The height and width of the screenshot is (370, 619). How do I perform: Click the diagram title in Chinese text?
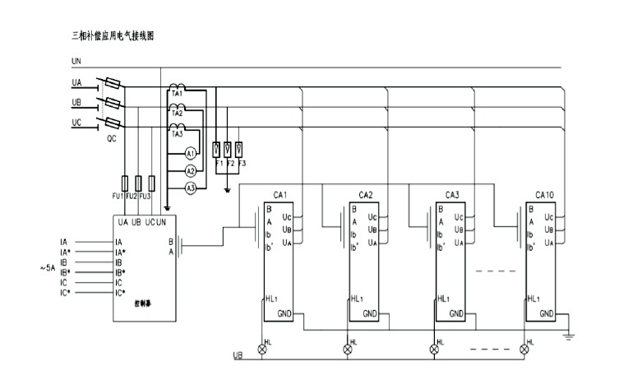point(113,37)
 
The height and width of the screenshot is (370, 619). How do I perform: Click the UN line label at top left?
point(76,62)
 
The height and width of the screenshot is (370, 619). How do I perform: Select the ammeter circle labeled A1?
point(190,154)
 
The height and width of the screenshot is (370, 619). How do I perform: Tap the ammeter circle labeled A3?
point(190,188)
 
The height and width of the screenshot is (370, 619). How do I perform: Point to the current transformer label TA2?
point(176,113)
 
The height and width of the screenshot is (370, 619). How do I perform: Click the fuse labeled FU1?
point(124,183)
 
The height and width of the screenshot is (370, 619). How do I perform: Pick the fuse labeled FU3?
point(151,183)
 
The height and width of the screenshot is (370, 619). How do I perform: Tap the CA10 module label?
point(543,195)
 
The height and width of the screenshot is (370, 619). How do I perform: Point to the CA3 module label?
point(452,195)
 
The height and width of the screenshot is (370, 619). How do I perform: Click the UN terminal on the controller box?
point(161,222)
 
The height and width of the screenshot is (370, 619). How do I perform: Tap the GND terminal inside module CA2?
point(370,313)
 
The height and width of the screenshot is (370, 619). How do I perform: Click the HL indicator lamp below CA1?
point(264,349)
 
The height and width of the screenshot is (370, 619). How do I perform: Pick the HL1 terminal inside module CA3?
point(445,298)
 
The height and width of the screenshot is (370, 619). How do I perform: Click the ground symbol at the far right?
point(566,335)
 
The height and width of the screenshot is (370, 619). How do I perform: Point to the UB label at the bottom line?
point(237,356)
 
